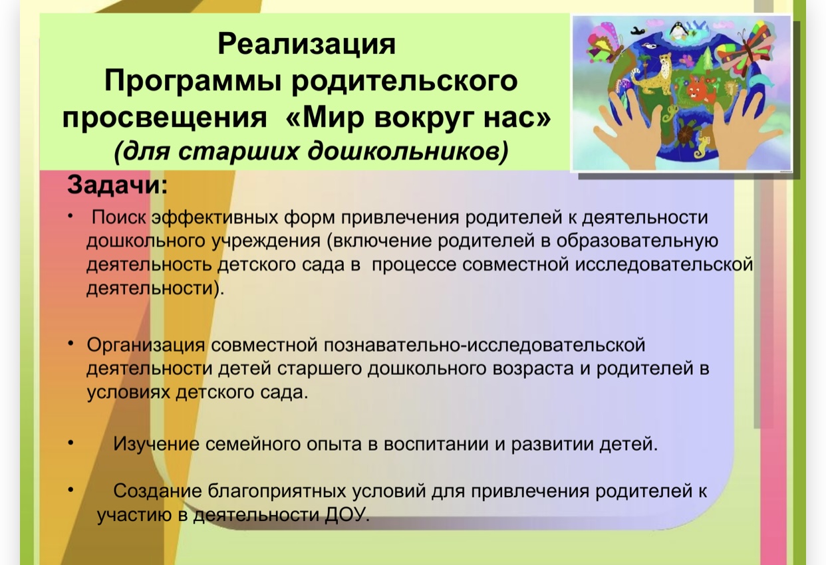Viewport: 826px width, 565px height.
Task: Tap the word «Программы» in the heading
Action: coord(192,82)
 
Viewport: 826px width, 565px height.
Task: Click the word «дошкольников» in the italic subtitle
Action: coord(408,151)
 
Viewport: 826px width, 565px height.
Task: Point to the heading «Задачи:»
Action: coord(117,185)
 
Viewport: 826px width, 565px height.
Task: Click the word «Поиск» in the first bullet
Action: coord(119,217)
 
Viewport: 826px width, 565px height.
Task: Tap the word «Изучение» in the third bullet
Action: coord(156,445)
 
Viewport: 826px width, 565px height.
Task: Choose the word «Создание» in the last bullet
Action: coord(158,491)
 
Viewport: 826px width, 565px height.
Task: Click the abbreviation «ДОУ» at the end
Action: coord(346,514)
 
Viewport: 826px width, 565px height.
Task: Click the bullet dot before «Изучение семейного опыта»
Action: coord(70,442)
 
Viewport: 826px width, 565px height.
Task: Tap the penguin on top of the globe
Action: coord(678,31)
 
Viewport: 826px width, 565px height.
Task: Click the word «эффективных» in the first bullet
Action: coord(215,217)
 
